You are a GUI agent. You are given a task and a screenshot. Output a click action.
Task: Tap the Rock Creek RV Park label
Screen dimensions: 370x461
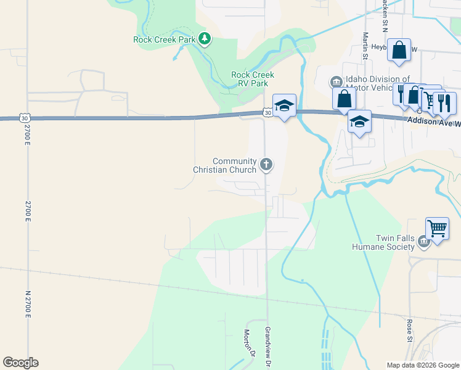[x=252, y=79]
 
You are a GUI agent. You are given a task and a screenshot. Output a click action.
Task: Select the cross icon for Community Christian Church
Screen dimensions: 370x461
[x=266, y=164]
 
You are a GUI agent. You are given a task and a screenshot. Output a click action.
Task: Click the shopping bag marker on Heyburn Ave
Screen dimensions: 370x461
[x=399, y=50]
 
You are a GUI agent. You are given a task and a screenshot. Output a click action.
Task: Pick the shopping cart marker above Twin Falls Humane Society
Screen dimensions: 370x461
[x=437, y=229]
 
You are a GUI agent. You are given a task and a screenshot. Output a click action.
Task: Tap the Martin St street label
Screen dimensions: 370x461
[x=365, y=46]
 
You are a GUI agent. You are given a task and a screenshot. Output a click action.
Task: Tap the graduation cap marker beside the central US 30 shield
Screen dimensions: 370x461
[x=284, y=105]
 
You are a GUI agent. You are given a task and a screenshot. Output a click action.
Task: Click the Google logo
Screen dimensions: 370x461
[x=20, y=363]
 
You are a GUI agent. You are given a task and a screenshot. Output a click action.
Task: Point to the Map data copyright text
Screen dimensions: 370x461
[x=423, y=365]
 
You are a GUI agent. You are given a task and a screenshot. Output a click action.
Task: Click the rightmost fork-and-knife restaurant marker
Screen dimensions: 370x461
[x=444, y=102]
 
